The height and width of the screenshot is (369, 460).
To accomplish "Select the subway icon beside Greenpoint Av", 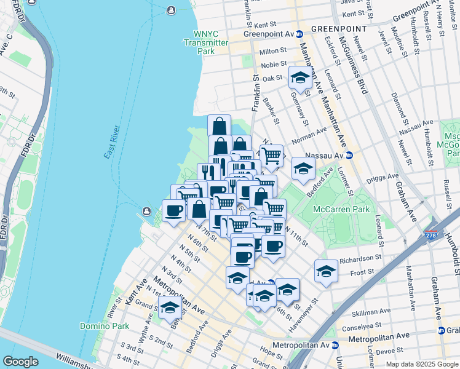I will tap(299, 34).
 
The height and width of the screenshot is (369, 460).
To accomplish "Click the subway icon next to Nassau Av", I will tap(349, 156).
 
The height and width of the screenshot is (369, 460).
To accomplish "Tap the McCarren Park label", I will tap(341, 209).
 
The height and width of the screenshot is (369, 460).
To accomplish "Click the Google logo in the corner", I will tap(20, 362).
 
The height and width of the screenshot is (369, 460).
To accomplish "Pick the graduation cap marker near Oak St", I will tap(299, 78).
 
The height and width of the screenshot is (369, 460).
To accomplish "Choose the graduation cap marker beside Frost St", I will tap(326, 271).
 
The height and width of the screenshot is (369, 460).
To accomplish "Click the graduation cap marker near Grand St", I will tap(170, 307).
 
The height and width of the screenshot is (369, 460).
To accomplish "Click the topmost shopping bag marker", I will tap(219, 125).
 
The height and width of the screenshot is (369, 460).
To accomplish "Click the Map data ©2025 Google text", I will tap(421, 364).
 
